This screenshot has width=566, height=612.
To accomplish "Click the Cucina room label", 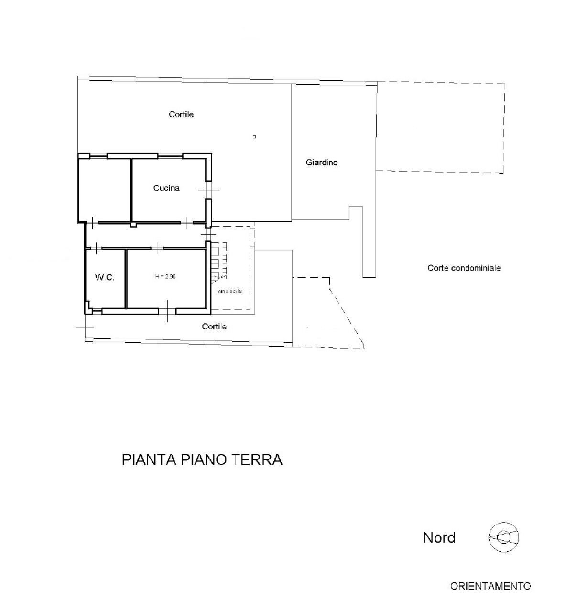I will coord(166,188).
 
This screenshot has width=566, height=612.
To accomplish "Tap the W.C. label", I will coord(104,277).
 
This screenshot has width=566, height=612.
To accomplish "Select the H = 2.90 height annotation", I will coord(165,276).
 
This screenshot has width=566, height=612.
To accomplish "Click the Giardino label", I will coord(322,163).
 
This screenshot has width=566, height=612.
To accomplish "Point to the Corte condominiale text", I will coord(464,268).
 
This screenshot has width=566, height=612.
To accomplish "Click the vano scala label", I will coord(229,291).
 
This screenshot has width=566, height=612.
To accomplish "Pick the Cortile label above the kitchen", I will coord(181,115).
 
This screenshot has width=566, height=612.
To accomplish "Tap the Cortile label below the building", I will coord(214,327).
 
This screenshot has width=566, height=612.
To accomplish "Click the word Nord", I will coord(439,538).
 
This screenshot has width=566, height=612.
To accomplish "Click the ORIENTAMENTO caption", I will coord(490,586).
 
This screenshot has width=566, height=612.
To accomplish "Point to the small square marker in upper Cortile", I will coord(254,137).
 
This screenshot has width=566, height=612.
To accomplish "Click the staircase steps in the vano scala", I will coord(219,261).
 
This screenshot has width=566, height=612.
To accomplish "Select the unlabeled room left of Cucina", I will coord(105,189).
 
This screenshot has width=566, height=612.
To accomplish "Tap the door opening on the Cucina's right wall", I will coord(208,190).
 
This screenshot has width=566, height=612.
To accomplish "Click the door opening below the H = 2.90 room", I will coord(167,311).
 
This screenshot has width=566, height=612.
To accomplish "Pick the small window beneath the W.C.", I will coord(97,312).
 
